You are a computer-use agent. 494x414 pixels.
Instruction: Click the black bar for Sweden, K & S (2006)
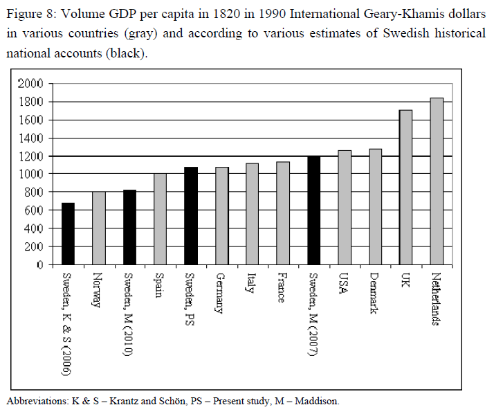[68, 233]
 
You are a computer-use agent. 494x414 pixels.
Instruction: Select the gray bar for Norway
[98, 228]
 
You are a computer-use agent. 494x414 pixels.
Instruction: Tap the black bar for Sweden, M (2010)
[129, 227]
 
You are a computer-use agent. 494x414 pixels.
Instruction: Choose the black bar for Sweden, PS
[191, 215]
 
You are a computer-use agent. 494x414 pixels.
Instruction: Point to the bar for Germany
[221, 215]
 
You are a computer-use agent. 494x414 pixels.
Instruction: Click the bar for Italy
[252, 214]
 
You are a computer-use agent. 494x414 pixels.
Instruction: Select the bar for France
[282, 213]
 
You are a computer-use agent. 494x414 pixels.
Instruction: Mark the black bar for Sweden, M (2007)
[313, 210]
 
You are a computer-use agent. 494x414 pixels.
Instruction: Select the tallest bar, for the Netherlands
[437, 181]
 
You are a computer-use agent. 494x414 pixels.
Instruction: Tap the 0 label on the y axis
[40, 265]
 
